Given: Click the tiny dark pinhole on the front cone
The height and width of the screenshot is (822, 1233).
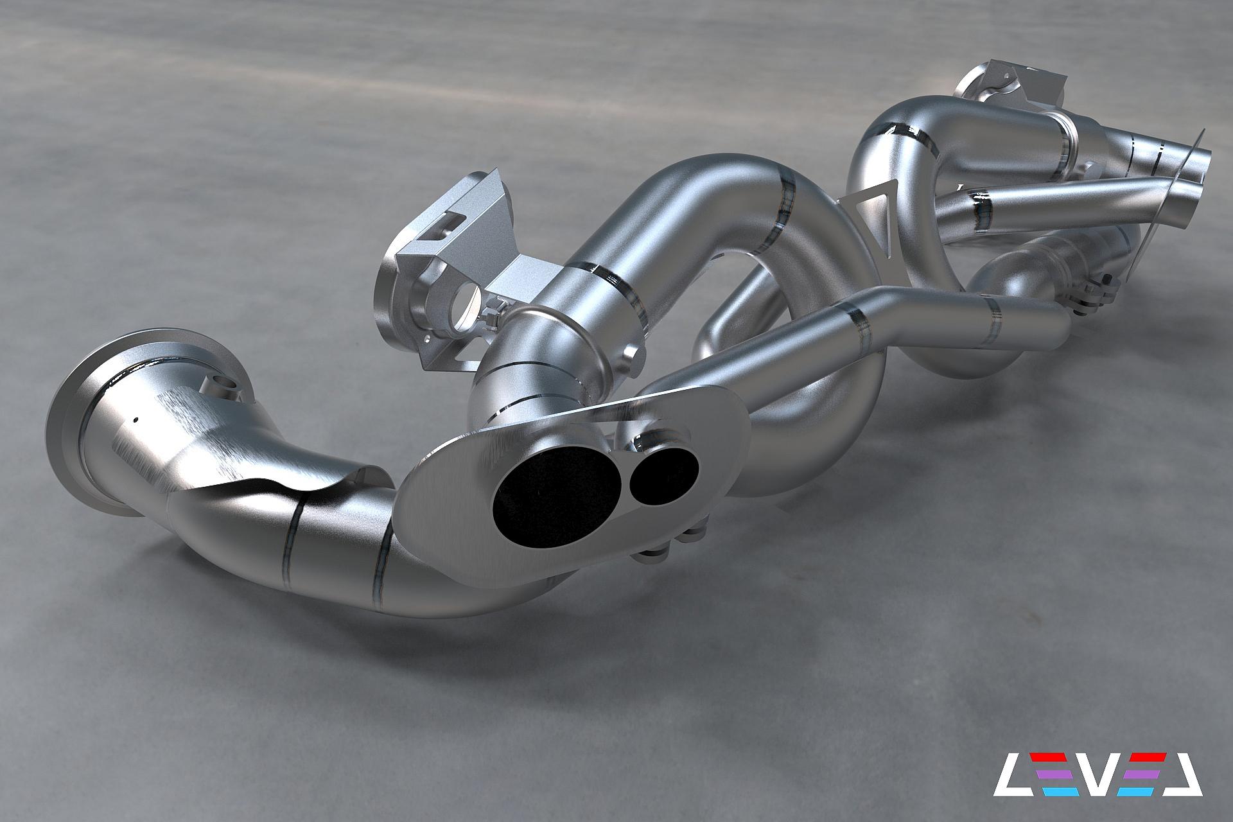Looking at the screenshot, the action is coord(136,420).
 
